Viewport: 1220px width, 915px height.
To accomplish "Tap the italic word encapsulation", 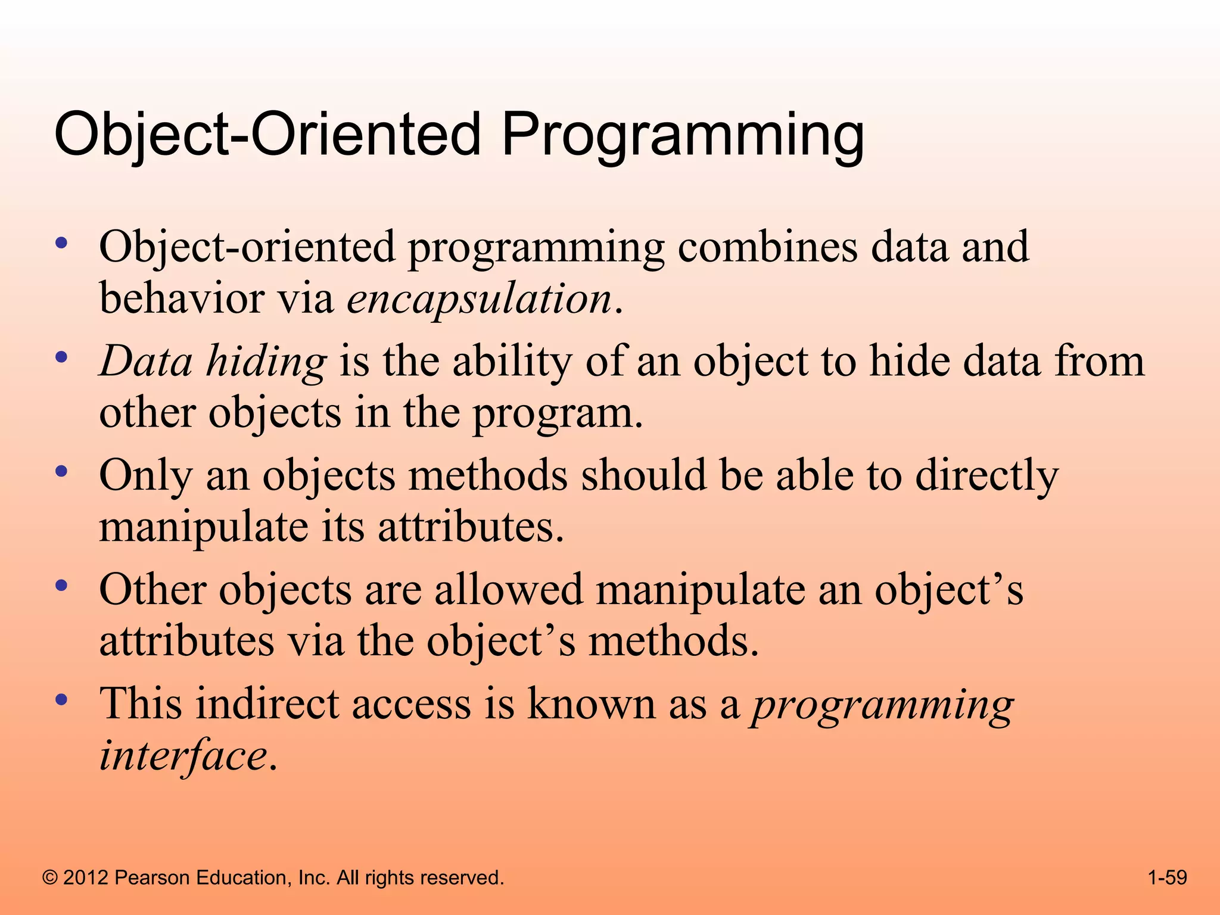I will [x=480, y=298].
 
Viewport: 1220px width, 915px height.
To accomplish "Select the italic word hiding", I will [x=266, y=362].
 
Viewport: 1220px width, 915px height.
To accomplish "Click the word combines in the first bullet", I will [x=768, y=247].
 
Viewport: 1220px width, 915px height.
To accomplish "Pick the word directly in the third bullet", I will [x=986, y=476].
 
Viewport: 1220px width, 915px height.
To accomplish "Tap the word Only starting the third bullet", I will [x=145, y=476].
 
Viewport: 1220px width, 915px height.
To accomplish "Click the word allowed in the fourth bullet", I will [x=508, y=590].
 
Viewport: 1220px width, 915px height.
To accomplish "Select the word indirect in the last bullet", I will [x=267, y=704].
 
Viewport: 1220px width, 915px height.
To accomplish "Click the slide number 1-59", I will [x=1167, y=877].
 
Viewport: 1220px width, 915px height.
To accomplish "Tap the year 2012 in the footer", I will [x=85, y=877].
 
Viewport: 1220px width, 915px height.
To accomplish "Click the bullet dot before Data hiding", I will [x=61, y=358].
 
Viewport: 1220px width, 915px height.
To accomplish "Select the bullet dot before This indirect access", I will [x=61, y=701].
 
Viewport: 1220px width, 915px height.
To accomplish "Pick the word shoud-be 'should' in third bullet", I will [x=643, y=476].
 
